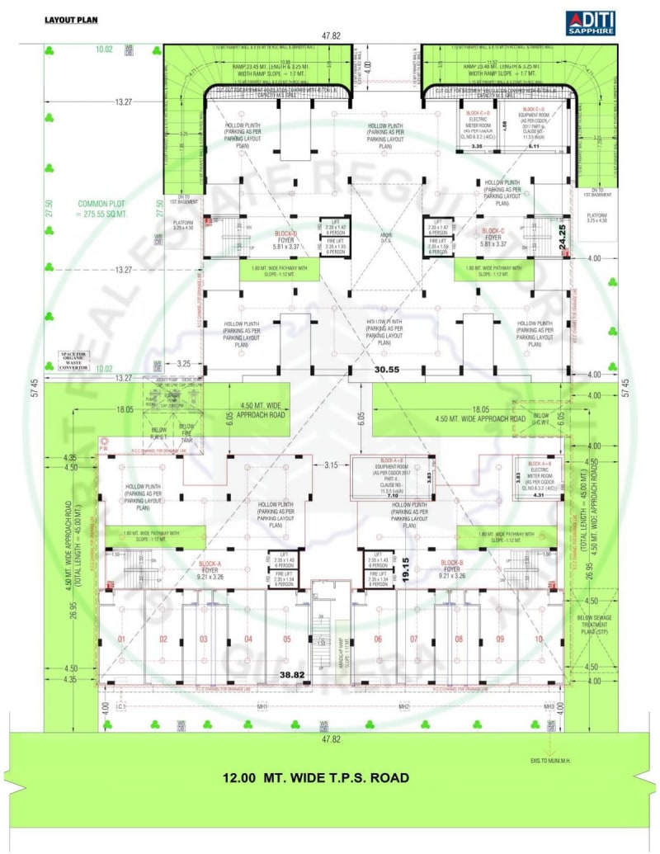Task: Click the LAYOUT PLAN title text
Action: click(x=71, y=21)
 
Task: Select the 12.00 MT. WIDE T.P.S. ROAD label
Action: click(x=316, y=777)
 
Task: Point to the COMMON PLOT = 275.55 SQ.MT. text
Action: click(x=101, y=208)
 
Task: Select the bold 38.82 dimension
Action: click(x=294, y=674)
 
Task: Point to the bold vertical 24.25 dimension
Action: click(x=563, y=239)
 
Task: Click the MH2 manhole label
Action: click(x=404, y=707)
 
